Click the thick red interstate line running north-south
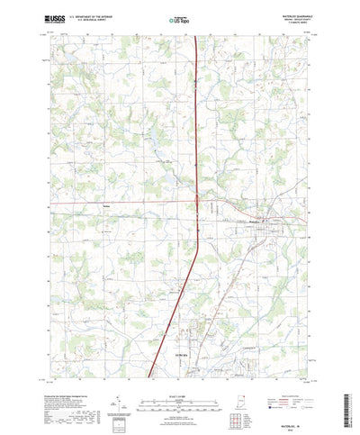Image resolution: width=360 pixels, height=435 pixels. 192,135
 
